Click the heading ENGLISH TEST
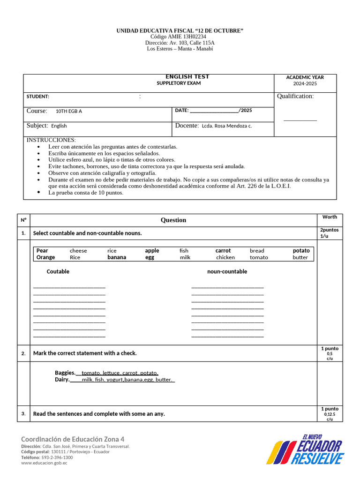[x=187, y=77]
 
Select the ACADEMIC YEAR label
[x=305, y=77]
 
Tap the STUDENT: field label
[x=37, y=97]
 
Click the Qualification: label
[x=295, y=96]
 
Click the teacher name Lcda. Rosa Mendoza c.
[x=227, y=126]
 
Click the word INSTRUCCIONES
[x=51, y=140]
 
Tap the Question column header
[x=173, y=220]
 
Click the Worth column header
[x=330, y=217]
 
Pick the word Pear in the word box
[x=42, y=251]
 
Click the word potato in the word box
[x=301, y=251]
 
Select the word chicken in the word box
[x=225, y=257]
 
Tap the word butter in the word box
[x=300, y=257]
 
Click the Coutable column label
[x=58, y=271]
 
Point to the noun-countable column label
[x=227, y=271]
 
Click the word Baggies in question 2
[x=65, y=373]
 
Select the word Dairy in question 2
[x=62, y=380]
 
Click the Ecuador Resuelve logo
[x=305, y=449]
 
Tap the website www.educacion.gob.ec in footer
[x=44, y=463]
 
